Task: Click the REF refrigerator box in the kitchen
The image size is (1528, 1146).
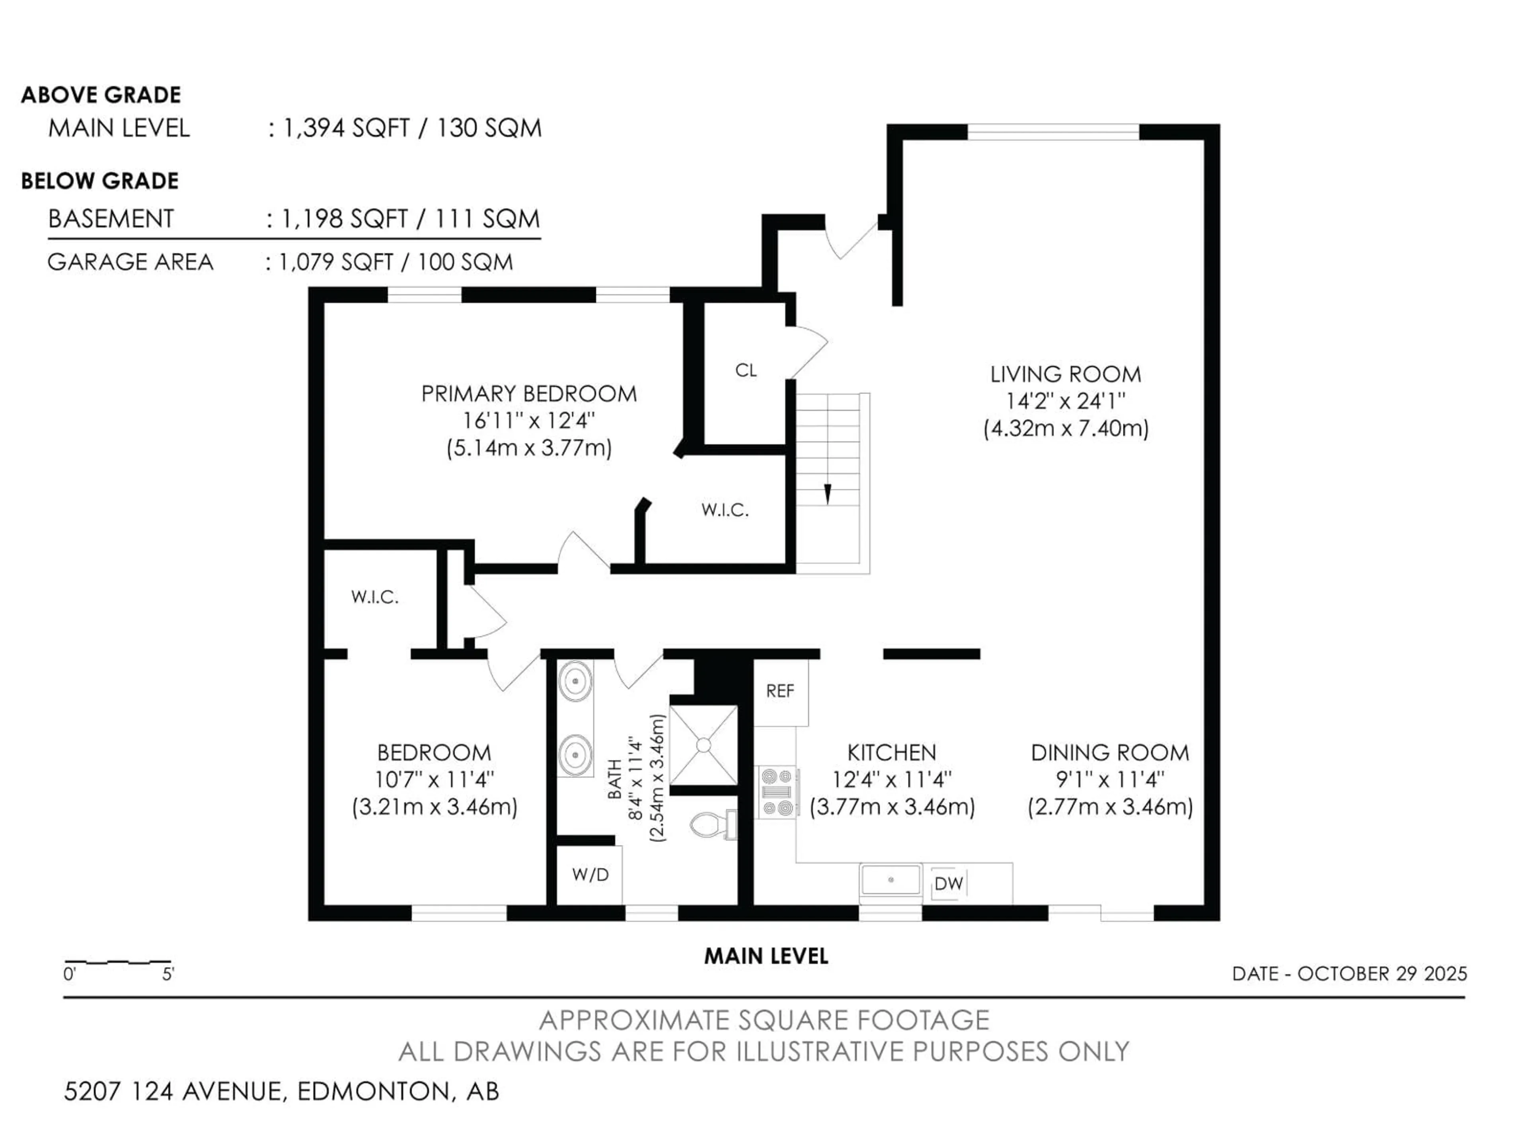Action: coord(780,692)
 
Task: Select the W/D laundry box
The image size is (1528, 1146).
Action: coord(590,875)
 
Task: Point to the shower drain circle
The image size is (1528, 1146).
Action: coord(703,745)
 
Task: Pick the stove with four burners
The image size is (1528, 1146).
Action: coord(777,792)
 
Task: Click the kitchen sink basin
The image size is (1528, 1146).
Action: coord(891,880)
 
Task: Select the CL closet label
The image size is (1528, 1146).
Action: coord(745,371)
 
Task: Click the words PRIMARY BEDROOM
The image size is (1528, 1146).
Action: coord(528,394)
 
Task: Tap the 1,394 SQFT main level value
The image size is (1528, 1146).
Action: coord(347,129)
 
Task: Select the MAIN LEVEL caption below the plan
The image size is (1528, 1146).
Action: coord(765,956)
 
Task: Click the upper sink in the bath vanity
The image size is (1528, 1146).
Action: coord(575,681)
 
